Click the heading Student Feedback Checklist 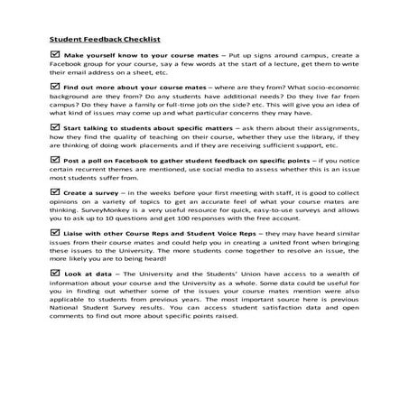click(x=103, y=40)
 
